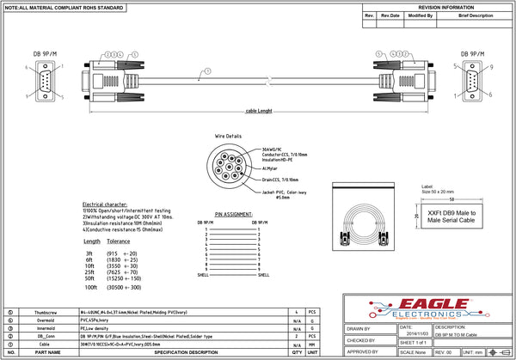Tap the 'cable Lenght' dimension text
(258, 111)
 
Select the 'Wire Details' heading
(229, 137)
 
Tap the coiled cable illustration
(368, 224)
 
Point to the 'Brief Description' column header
(476, 15)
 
